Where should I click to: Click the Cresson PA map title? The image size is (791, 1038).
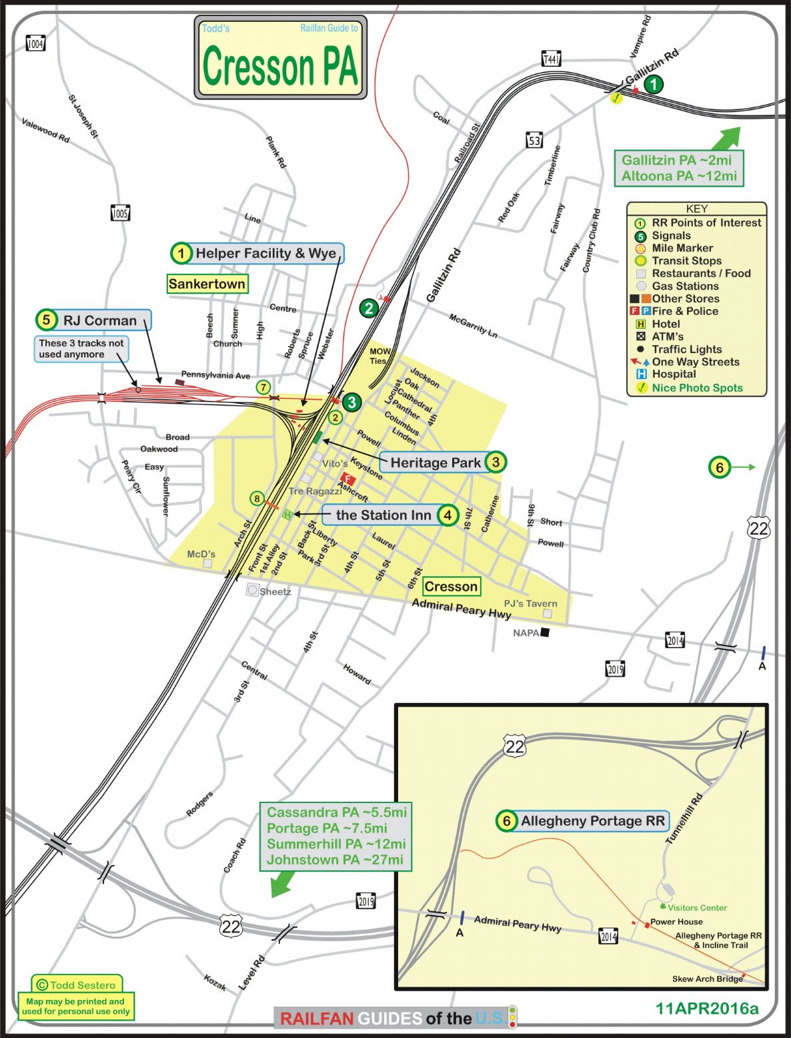tap(280, 65)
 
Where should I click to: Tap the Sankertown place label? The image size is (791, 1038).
tap(207, 284)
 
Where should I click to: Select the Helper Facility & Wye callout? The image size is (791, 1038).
tap(265, 254)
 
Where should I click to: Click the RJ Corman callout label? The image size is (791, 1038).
tap(100, 320)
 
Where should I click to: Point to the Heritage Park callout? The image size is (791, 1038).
tap(436, 463)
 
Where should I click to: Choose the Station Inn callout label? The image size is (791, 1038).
tap(383, 515)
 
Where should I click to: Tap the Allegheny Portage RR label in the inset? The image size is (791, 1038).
tap(592, 821)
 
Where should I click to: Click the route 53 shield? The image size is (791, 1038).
tap(534, 140)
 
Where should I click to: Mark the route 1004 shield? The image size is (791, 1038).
tap(35, 44)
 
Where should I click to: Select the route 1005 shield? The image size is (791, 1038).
tap(120, 214)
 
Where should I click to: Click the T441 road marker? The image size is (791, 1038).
tap(551, 59)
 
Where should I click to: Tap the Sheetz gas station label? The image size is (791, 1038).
tap(275, 591)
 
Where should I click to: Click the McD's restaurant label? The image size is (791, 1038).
tap(201, 554)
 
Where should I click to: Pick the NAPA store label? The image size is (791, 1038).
tap(526, 633)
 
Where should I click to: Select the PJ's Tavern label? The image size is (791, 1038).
tap(530, 603)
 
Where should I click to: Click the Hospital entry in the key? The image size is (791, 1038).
tap(674, 374)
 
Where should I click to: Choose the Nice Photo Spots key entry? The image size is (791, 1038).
tap(697, 388)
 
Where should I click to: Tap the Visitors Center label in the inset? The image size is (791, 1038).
tap(697, 908)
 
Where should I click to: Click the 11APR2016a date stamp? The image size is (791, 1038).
tap(707, 1009)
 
